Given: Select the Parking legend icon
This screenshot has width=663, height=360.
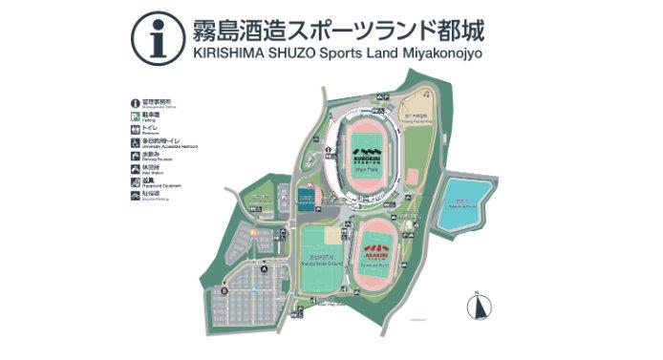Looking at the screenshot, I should pyautogui.click(x=135, y=115).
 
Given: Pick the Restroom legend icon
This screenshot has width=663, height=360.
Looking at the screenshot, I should pyautogui.click(x=135, y=127).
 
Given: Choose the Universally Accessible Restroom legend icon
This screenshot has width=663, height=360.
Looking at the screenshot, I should pyautogui.click(x=135, y=140).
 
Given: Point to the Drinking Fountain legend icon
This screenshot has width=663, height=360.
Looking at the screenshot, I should pyautogui.click(x=135, y=154).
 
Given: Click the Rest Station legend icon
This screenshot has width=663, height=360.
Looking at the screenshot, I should pyautogui.click(x=135, y=167).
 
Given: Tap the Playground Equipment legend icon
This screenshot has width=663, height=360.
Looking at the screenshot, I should pyautogui.click(x=135, y=180).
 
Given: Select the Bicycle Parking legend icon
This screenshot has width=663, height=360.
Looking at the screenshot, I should pyautogui.click(x=135, y=194).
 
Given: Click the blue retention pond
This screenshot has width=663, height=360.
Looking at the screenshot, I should pyautogui.click(x=461, y=203).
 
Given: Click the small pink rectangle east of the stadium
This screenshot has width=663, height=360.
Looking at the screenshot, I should pyautogui.click(x=412, y=177).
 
